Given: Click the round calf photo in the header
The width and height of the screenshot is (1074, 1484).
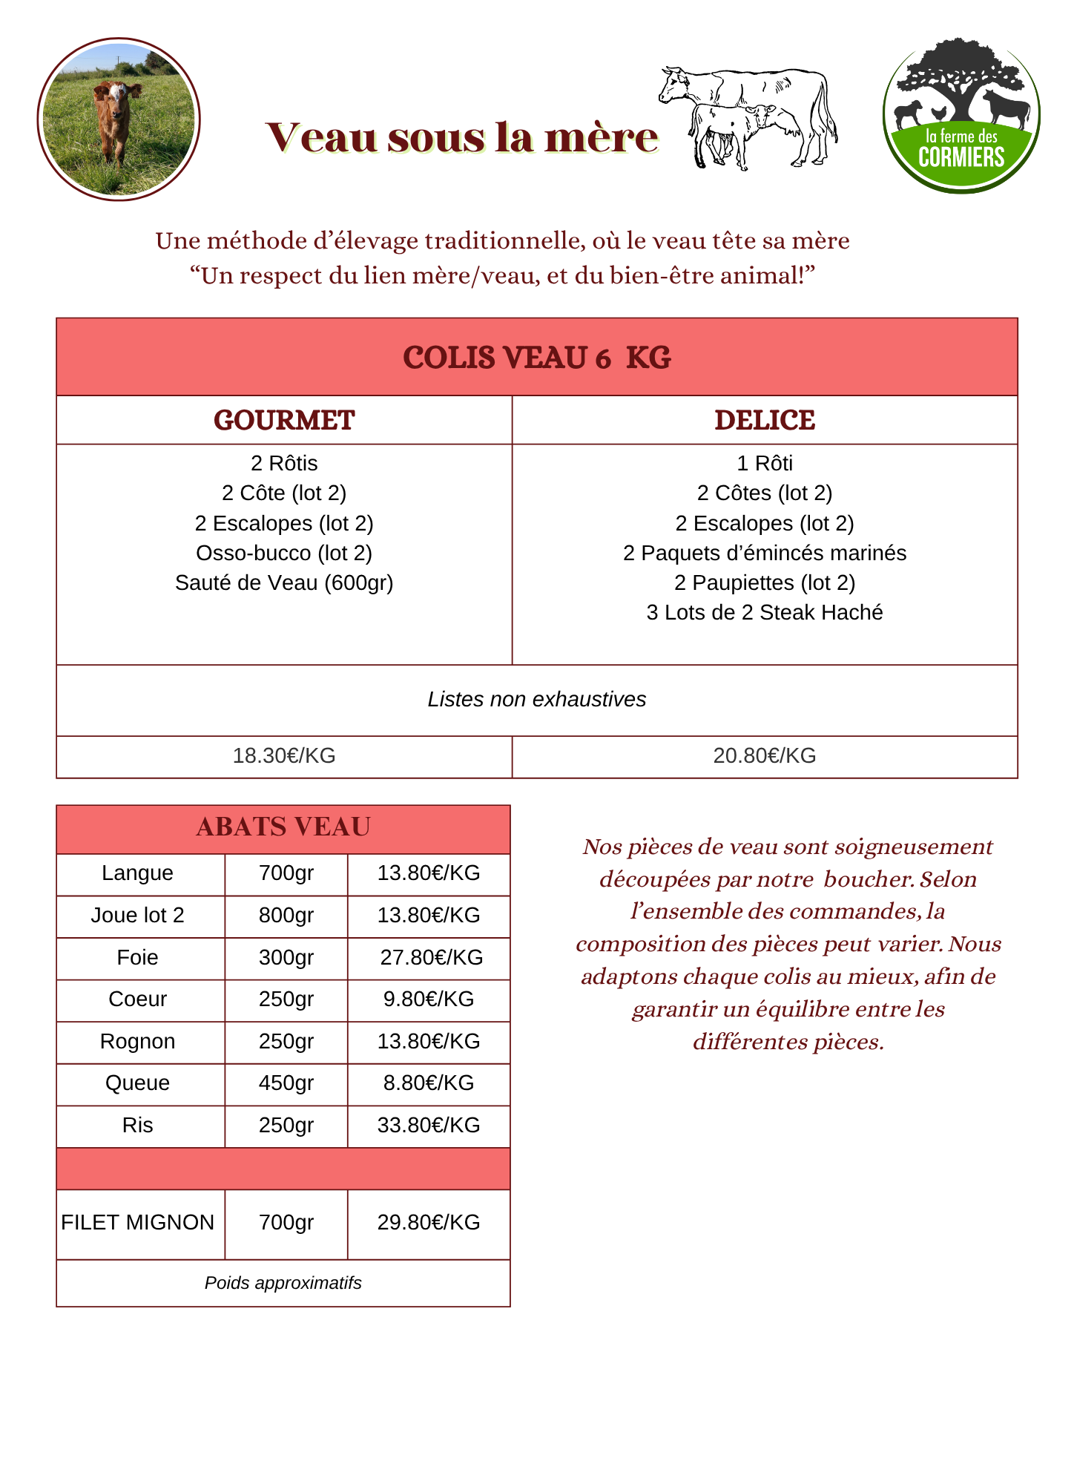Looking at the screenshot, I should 119,119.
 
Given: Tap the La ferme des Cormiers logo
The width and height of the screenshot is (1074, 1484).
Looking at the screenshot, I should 961,116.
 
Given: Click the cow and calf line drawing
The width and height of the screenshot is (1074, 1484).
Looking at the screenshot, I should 748,117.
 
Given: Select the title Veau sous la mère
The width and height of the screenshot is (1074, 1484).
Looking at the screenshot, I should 461,138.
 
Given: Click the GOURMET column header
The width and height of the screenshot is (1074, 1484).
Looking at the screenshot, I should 284,421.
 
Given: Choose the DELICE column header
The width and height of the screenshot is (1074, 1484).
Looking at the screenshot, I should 765,421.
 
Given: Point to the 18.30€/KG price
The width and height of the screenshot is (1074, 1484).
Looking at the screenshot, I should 284,756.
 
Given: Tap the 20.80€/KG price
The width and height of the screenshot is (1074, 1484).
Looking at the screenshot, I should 765,756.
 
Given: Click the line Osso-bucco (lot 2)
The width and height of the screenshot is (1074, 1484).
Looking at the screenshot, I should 284,554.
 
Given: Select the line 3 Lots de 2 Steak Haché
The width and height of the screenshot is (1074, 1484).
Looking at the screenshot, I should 765,613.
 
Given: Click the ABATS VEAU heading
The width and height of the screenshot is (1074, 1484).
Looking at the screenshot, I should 283,827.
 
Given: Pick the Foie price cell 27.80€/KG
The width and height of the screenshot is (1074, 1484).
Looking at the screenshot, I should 431,958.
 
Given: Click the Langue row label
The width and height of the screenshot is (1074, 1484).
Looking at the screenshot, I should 137,873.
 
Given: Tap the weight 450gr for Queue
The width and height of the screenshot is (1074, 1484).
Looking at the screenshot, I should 286,1083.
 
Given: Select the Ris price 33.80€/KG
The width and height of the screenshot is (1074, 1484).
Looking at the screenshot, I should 429,1126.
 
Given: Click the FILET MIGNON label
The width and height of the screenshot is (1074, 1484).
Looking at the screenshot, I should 137,1223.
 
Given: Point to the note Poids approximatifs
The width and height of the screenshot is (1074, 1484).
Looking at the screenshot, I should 283,1284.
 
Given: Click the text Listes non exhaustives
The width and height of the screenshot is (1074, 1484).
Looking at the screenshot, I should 537,700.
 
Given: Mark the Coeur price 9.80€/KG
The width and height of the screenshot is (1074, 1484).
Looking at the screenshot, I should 429,999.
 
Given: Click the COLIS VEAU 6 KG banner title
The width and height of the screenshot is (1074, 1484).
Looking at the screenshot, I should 537,358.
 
